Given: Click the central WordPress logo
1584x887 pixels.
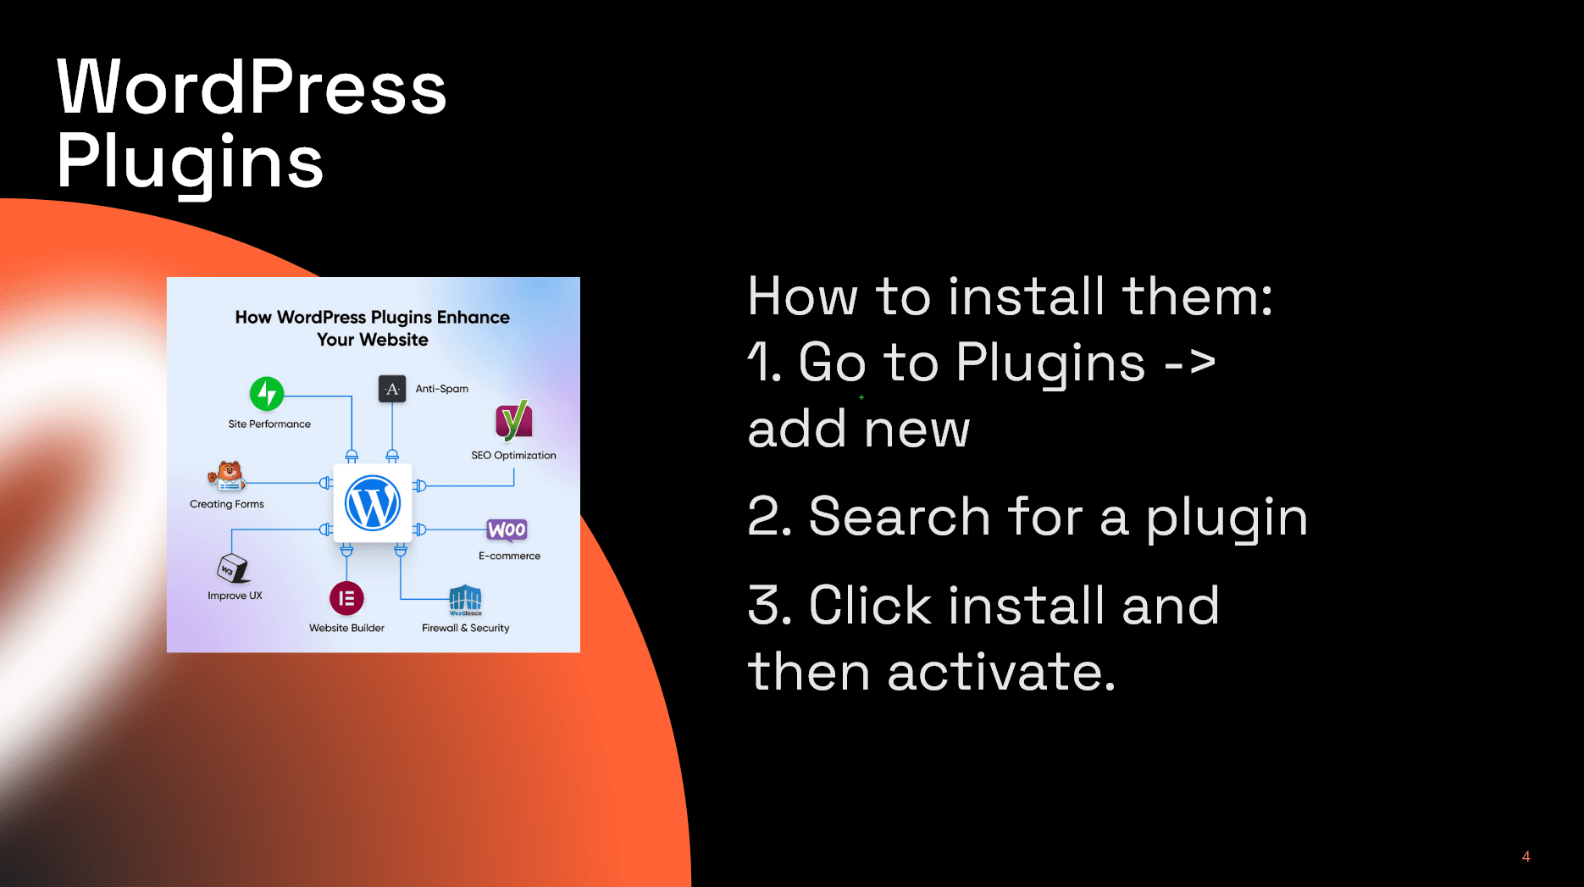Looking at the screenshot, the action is point(373,503).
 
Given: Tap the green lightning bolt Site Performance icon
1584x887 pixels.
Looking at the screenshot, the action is point(267,393).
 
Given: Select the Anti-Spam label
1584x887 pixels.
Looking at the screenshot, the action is point(441,389).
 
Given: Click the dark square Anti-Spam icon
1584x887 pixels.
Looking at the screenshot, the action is point(392,389).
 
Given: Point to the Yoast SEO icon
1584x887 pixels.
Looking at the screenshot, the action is point(513,421).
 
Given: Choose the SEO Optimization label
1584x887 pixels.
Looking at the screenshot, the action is point(513,456).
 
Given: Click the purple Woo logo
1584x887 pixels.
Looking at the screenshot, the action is point(507,530).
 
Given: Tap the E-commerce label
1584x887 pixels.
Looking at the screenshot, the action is point(509,557).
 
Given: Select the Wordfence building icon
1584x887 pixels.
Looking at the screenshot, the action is point(465,600).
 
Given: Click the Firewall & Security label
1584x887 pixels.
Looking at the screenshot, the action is point(466,629).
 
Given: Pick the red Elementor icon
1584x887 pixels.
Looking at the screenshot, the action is point(346,599).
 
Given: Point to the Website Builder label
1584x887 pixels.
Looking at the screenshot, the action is point(346,629).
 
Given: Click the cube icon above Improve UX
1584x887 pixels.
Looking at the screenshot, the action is point(233,568).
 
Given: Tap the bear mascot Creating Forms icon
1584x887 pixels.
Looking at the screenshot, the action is point(227,476).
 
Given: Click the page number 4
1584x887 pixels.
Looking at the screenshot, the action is point(1526,857).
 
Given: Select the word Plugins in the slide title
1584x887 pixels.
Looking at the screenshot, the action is point(191,163).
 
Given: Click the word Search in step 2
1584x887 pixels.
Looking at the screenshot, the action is point(900,517).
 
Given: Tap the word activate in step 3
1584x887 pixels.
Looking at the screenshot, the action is point(1001,673).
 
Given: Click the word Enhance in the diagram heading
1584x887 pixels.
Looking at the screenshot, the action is point(473,318).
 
